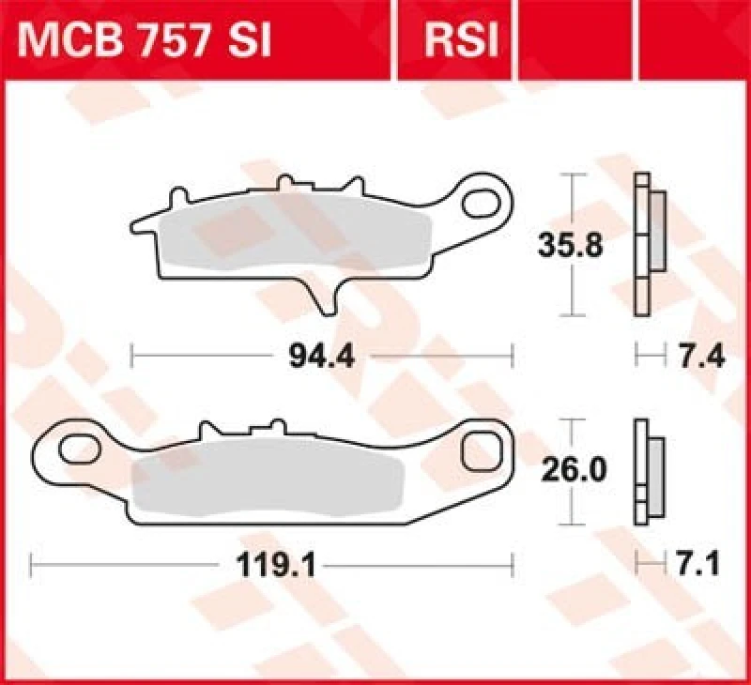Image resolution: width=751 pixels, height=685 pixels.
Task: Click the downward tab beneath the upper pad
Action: (x=326, y=297)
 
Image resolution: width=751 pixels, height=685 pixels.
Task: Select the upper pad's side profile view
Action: (x=649, y=244)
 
